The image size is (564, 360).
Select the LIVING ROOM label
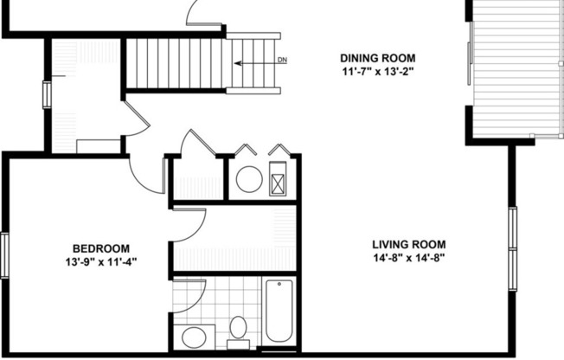coord(403,244)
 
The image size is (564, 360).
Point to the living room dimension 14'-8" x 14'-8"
coord(403,258)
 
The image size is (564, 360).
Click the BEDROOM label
coord(100,247)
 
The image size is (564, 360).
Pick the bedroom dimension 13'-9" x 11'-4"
coord(100,260)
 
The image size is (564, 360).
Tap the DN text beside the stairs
coord(283,61)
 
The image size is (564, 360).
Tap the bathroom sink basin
coord(192,337)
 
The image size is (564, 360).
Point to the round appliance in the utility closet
coord(249,179)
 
